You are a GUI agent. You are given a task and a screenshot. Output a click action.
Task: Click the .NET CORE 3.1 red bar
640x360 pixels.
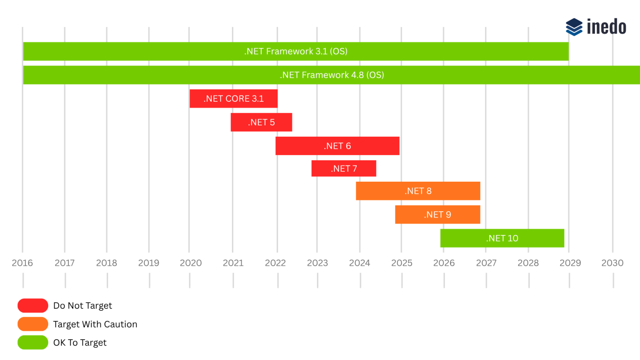[233, 99]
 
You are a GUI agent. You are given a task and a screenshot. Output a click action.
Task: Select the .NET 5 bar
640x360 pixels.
[261, 122]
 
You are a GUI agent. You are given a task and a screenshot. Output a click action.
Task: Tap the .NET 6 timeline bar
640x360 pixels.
[337, 146]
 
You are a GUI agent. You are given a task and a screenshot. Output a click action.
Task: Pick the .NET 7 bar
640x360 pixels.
[344, 169]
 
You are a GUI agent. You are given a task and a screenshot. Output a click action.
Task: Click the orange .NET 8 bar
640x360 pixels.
[418, 191]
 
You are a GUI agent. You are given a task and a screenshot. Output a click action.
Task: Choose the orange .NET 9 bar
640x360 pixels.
[437, 215]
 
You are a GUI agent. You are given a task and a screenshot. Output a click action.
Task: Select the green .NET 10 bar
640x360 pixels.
[502, 238]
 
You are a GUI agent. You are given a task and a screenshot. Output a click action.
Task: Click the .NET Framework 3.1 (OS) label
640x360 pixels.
[296, 51]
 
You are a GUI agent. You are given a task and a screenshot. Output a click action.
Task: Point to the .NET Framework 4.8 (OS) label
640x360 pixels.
[332, 75]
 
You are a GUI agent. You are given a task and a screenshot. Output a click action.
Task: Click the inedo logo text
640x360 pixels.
[606, 27]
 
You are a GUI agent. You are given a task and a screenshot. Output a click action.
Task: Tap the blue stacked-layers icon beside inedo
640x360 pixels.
[574, 27]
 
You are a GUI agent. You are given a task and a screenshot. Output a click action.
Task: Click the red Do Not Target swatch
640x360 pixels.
[33, 305]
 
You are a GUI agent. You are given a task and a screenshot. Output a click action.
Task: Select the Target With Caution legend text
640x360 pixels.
[95, 324]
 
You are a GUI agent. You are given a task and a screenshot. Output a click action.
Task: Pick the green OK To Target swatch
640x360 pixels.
[33, 342]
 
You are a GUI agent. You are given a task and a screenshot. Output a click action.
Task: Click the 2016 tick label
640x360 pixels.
[22, 263]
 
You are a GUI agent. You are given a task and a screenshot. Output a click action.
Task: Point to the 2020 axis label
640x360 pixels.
[191, 263]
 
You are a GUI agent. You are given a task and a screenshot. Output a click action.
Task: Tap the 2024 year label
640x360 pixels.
[360, 263]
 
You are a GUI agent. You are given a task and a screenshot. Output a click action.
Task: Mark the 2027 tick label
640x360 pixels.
[486, 263]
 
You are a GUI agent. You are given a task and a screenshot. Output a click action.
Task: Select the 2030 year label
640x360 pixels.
[612, 263]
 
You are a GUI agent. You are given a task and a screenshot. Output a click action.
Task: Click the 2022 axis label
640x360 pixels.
[275, 263]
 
